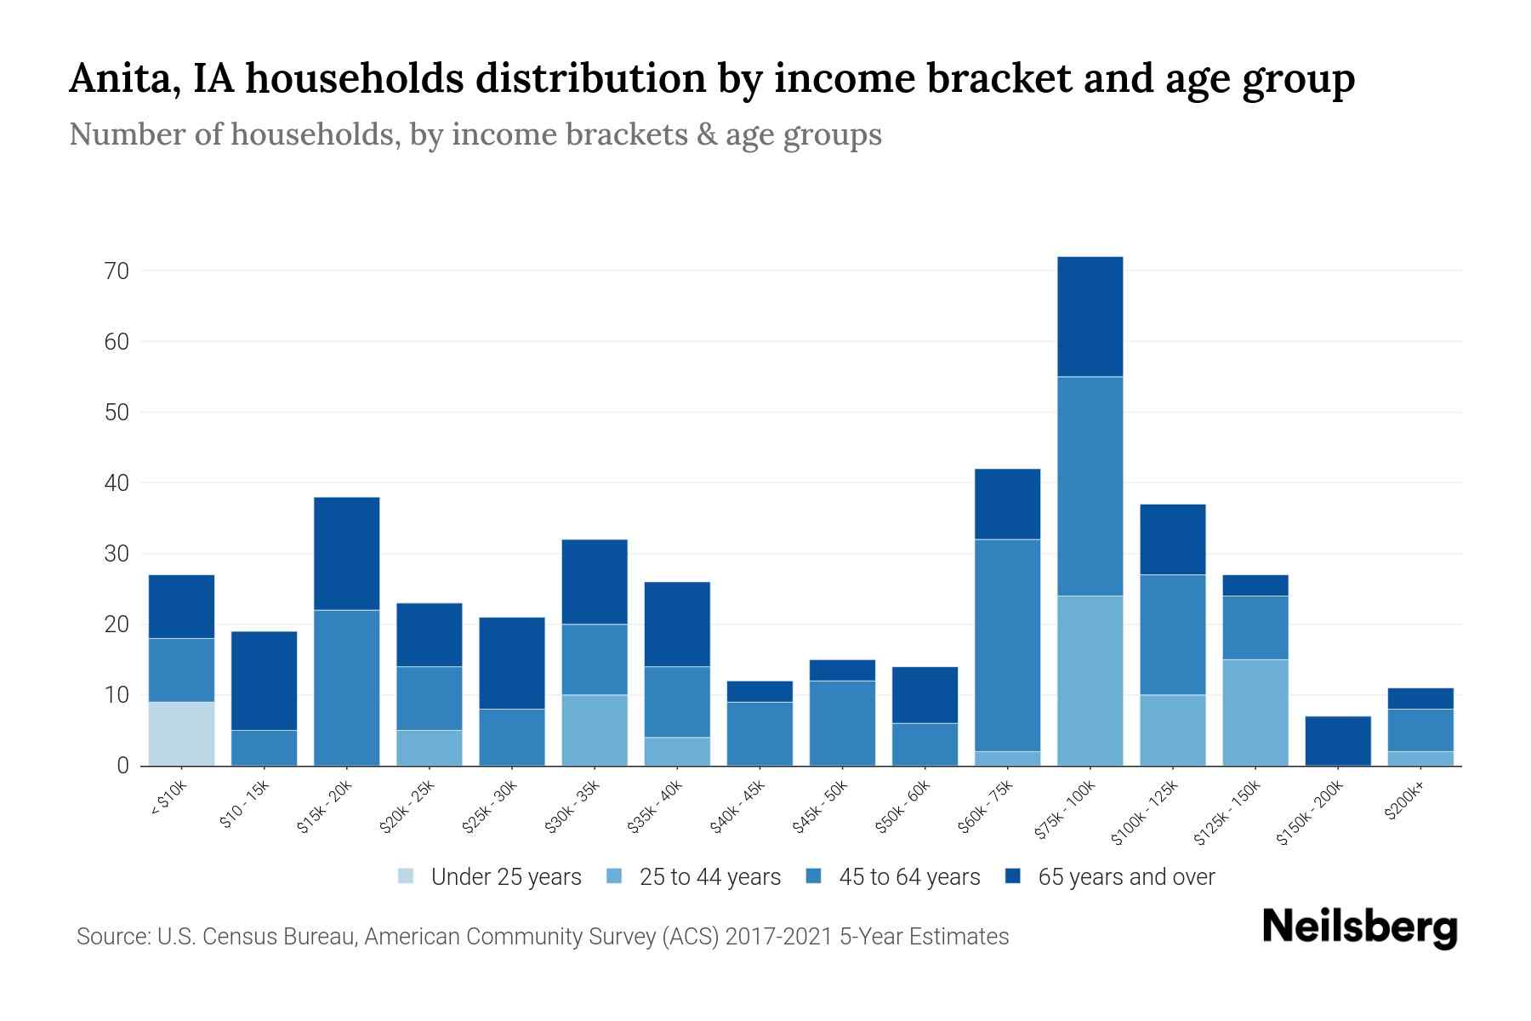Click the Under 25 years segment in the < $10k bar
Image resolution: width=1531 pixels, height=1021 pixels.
tap(181, 733)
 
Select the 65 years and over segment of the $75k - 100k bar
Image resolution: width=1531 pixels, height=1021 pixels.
tap(1090, 317)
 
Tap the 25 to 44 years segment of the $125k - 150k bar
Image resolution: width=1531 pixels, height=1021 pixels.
tap(1255, 712)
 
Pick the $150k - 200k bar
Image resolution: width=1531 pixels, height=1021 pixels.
tap(1337, 740)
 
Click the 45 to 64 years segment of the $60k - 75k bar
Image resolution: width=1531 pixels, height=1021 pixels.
tap(1007, 645)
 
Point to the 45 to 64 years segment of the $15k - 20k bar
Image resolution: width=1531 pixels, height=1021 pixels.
tap(346, 687)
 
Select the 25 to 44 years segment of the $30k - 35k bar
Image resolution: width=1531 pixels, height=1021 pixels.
tap(594, 730)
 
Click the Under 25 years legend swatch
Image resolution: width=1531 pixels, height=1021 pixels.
tap(406, 876)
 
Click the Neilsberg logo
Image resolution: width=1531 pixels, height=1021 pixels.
tap(1359, 927)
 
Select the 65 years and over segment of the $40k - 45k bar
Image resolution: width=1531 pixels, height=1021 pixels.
tap(759, 691)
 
